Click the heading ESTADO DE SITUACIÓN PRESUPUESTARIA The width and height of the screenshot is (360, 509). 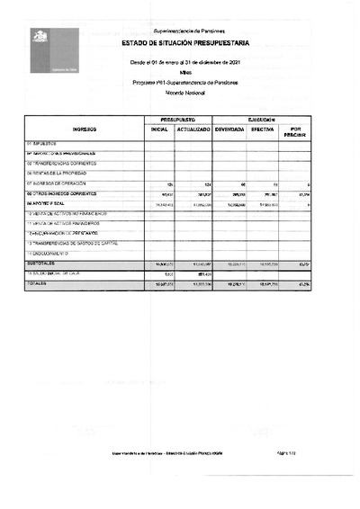[185, 44]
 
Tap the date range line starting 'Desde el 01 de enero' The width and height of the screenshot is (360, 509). [186, 62]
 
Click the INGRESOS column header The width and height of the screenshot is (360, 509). [84, 129]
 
